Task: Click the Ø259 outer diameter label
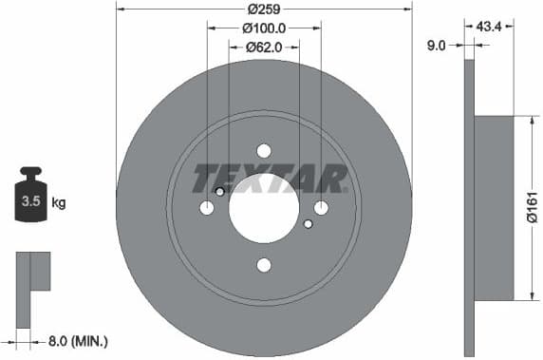264,9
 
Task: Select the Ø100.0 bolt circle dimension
264,28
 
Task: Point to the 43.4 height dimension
490,27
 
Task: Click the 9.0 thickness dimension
438,43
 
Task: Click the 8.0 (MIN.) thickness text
79,339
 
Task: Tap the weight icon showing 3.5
30,197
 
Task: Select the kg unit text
59,202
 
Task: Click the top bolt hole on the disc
264,150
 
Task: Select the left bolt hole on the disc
207,208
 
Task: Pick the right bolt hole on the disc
321,208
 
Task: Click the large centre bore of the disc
264,209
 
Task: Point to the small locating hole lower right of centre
308,224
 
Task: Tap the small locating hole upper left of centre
220,192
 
